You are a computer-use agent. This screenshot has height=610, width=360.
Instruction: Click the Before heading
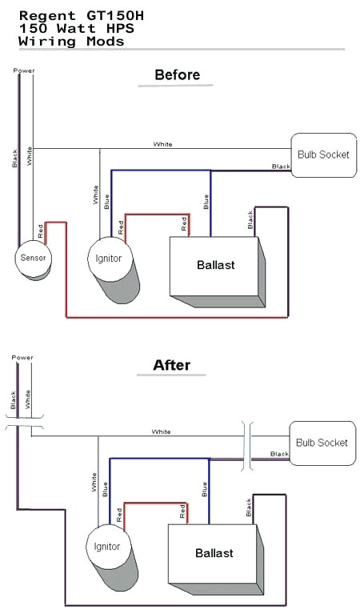pyautogui.click(x=177, y=75)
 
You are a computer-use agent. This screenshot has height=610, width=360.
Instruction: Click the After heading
pyautogui.click(x=172, y=365)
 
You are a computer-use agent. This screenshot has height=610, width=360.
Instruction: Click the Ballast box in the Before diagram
pyautogui.click(x=215, y=265)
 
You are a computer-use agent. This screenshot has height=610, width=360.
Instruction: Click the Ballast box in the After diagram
pyautogui.click(x=214, y=553)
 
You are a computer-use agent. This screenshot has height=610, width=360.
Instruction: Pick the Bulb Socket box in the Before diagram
pyautogui.click(x=322, y=154)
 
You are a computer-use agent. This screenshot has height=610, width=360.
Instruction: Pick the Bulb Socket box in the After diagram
pyautogui.click(x=322, y=443)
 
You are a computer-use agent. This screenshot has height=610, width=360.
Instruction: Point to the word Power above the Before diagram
pyautogui.click(x=23, y=70)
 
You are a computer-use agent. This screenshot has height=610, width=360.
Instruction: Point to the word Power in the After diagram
pyautogui.click(x=22, y=357)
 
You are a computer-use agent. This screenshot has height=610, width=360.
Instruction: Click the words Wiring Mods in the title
pyautogui.click(x=71, y=41)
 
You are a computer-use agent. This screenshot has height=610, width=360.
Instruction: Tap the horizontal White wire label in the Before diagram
pyautogui.click(x=162, y=145)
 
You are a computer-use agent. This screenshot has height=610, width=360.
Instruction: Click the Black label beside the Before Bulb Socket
pyautogui.click(x=281, y=167)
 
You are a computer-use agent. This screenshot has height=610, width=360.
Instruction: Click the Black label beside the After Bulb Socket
pyautogui.click(x=279, y=454)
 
